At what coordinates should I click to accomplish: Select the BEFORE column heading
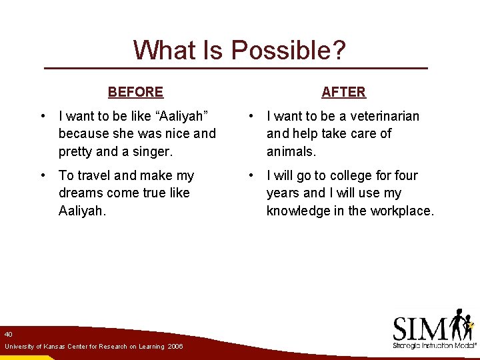tap(135, 92)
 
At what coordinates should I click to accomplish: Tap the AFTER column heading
tap(343, 92)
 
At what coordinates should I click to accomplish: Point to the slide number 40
tap(8, 333)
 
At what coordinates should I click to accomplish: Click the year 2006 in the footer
tap(175, 347)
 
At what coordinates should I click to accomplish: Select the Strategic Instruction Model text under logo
tap(433, 346)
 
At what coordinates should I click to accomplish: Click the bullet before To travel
tap(43, 175)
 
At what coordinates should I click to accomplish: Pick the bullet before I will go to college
tap(251, 175)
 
